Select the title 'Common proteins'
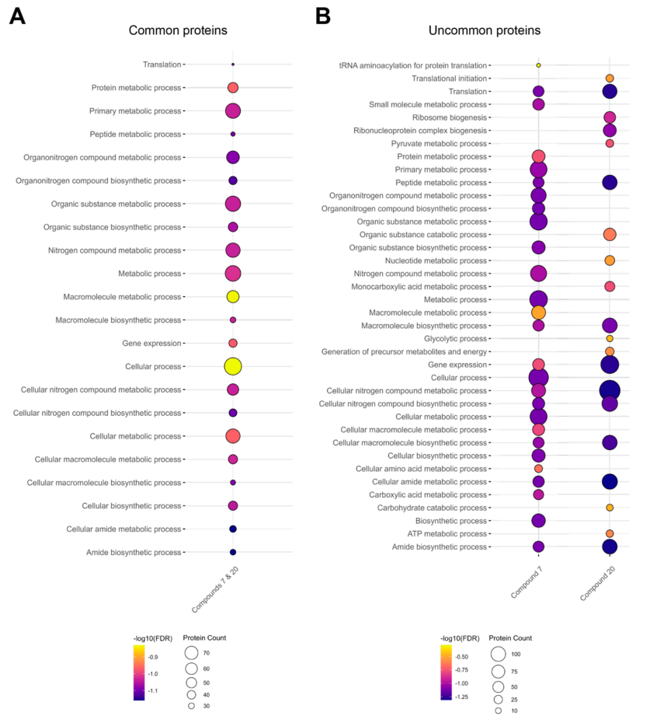178,30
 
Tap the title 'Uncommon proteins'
485,30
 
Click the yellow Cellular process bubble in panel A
233,366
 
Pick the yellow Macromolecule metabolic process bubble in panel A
233,296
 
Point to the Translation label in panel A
162,65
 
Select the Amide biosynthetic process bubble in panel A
233,552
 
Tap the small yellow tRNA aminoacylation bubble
538,65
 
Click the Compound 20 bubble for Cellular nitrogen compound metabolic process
610,390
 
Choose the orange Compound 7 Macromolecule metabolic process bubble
538,313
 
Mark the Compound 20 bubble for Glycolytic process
610,339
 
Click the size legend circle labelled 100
498,654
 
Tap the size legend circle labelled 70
191,653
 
